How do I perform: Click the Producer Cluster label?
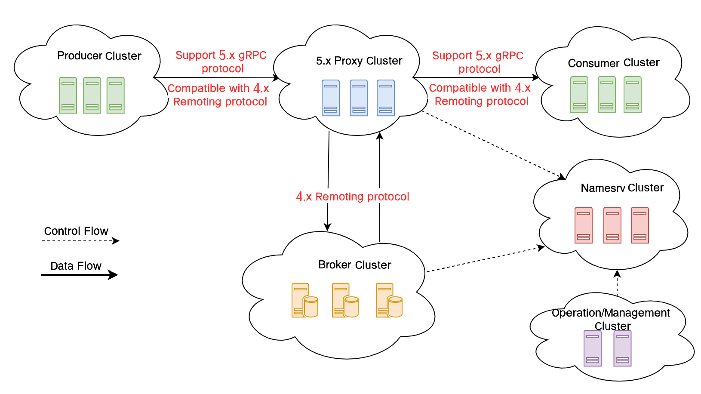(x=99, y=56)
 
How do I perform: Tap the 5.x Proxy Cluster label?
(x=359, y=61)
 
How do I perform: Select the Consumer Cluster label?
(x=614, y=63)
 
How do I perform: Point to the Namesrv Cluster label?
(x=622, y=188)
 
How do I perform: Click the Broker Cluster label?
(x=355, y=265)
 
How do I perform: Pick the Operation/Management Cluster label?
(x=611, y=319)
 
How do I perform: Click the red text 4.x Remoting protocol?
(x=353, y=197)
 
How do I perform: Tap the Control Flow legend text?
(x=76, y=231)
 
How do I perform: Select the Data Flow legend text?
(x=76, y=266)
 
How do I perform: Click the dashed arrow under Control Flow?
(x=80, y=241)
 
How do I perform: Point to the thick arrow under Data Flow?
(x=79, y=274)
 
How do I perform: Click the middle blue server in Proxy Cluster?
(x=359, y=98)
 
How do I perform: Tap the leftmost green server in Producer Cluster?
(x=68, y=95)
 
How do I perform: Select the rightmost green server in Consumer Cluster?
(x=633, y=95)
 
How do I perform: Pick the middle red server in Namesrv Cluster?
(x=612, y=225)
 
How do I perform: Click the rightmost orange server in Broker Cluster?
(x=389, y=300)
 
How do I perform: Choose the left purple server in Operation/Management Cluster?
(x=593, y=348)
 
